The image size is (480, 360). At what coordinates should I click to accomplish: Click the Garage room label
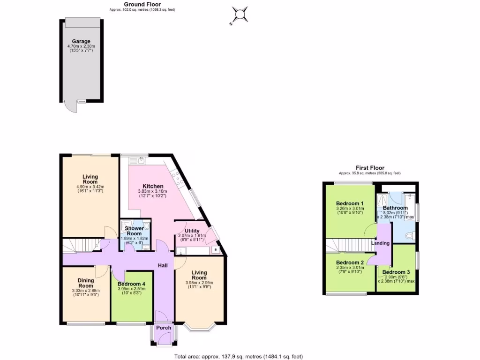(81, 41)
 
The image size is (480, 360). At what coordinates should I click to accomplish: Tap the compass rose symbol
(240, 15)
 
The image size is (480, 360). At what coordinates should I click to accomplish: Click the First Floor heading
(369, 168)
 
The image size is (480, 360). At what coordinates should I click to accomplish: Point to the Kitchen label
(152, 186)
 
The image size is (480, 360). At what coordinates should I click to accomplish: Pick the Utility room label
(192, 231)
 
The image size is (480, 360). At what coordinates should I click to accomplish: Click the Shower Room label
(134, 231)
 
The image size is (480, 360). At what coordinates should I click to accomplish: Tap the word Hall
(163, 266)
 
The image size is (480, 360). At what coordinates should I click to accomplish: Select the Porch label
(164, 328)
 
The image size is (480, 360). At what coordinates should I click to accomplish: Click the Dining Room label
(86, 283)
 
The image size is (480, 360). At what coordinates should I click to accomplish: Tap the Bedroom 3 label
(396, 272)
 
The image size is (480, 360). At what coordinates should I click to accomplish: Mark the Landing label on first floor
(380, 243)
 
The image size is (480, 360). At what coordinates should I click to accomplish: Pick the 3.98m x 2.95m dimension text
(199, 283)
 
